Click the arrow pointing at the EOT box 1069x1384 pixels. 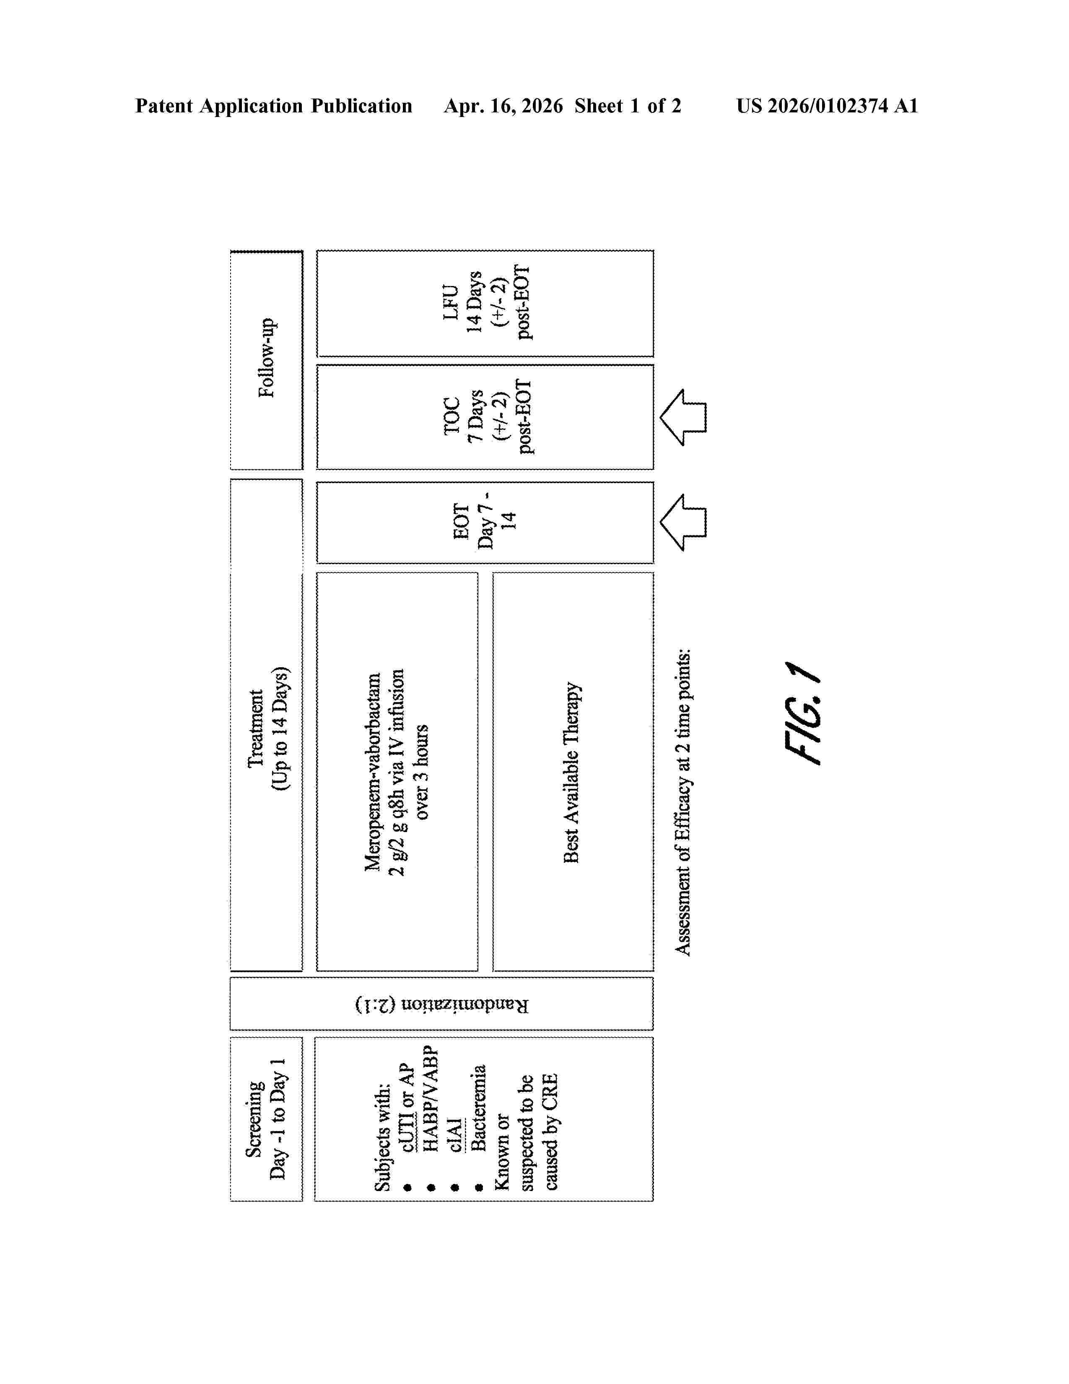point(682,522)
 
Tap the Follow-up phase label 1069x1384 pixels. point(267,358)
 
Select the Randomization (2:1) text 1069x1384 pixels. point(441,1004)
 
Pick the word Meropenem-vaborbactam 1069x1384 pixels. point(373,772)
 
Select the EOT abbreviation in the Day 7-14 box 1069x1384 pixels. point(461,522)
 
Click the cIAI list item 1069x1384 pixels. point(455,1134)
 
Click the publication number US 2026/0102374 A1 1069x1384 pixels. point(827,106)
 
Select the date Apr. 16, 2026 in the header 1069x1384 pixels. point(503,106)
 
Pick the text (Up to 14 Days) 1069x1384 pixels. point(279,728)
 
